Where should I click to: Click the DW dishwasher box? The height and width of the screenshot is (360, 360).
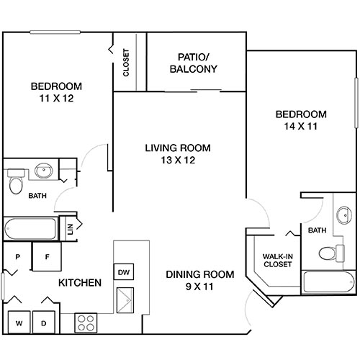123,271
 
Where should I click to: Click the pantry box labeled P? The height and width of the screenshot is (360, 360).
16,256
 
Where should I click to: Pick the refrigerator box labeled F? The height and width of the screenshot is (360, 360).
47,256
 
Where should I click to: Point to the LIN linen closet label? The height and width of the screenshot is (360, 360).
71,228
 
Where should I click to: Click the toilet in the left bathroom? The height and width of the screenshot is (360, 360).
16,184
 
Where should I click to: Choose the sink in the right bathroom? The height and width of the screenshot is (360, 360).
345,216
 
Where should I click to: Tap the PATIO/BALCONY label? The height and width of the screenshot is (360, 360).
194,63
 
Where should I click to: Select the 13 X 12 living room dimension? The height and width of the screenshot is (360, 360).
177,160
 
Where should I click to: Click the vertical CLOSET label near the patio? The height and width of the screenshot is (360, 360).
127,63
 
